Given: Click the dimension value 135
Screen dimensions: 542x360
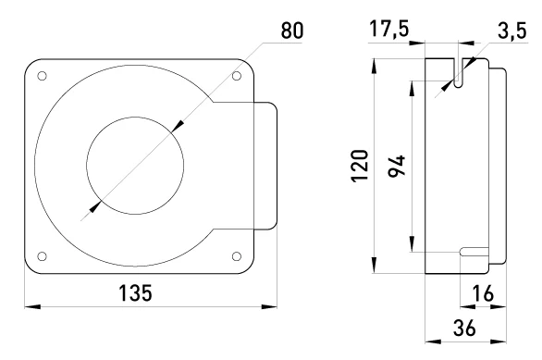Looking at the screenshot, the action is tap(135, 293).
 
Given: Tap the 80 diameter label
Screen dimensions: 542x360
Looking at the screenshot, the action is tap(292, 31).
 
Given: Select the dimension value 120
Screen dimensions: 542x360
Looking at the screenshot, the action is tap(360, 166).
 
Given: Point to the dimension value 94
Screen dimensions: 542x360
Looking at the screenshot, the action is tap(396, 167).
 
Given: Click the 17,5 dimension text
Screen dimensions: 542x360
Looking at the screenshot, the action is tap(389, 29).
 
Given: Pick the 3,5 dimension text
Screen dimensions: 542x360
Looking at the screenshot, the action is tap(512, 31).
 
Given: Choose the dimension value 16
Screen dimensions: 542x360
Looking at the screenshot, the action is tap(483, 293).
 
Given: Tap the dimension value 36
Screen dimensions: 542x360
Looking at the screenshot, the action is tap(464, 328).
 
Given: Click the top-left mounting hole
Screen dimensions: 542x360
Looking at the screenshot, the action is tap(42, 76).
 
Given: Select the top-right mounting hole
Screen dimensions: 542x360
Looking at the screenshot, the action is tap(237, 76).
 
